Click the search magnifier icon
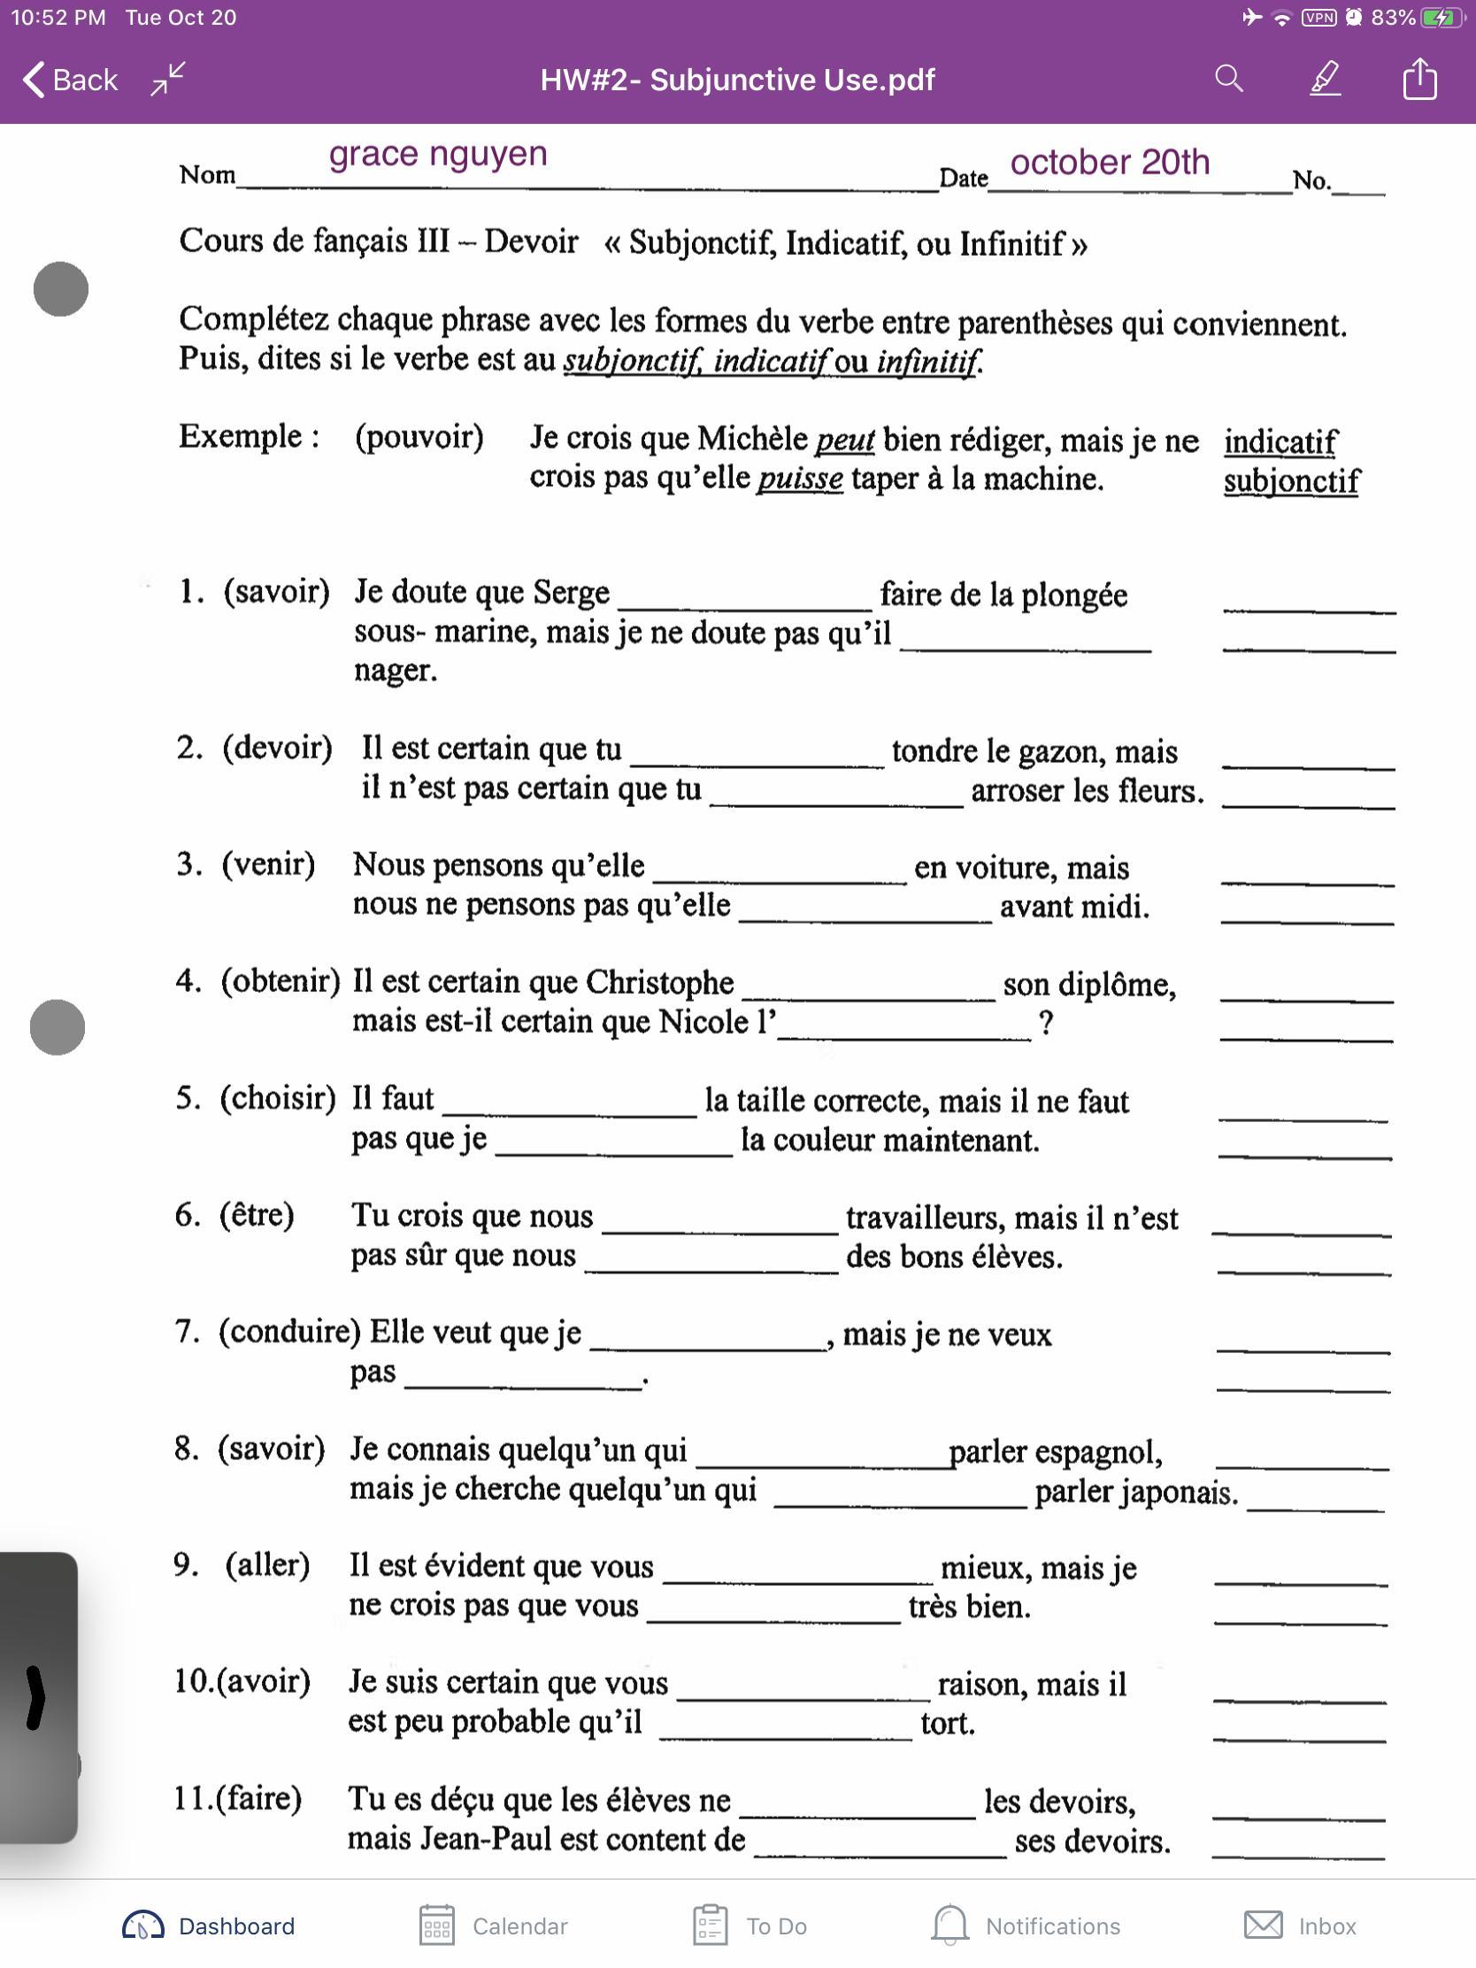click(1228, 79)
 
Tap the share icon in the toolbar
click(1419, 79)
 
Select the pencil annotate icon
click(1325, 79)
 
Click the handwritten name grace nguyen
click(438, 154)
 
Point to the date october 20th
click(1110, 163)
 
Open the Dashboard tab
click(208, 1926)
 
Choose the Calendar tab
click(493, 1926)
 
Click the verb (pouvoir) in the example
click(419, 437)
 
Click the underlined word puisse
click(800, 479)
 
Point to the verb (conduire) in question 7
click(289, 1331)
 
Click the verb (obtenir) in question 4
click(281, 980)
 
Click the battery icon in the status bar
click(1441, 18)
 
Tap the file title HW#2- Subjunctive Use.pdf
click(737, 80)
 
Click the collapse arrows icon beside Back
click(167, 78)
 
